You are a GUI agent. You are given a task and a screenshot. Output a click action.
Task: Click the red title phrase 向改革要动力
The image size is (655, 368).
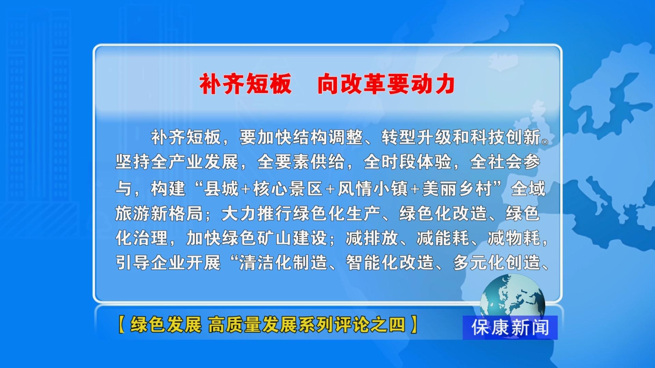coord(386,84)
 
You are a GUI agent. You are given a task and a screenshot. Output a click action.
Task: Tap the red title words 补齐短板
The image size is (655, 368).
coord(246,84)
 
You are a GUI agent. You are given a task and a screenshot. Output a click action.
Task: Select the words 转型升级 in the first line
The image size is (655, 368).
coord(417,137)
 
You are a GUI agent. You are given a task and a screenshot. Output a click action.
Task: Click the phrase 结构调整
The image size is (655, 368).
coord(328,137)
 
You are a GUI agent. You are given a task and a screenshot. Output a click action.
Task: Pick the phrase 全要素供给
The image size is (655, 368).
coord(301,162)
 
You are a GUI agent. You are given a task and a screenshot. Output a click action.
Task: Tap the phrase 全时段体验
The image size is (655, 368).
coord(408,162)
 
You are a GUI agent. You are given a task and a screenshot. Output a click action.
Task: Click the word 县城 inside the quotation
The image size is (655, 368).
coord(221,189)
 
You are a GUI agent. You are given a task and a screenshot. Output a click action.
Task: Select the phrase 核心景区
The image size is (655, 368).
coord(288,189)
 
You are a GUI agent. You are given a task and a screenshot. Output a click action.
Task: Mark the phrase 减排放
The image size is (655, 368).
coord(372,238)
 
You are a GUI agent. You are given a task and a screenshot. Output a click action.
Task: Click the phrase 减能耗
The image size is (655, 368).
coord(443,238)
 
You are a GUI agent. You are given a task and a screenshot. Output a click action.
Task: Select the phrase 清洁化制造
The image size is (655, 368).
coord(283,263)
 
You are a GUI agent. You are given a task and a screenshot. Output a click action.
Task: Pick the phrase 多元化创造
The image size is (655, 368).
coord(496,263)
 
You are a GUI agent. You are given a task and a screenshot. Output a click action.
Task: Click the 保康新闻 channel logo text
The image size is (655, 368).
coord(510,327)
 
